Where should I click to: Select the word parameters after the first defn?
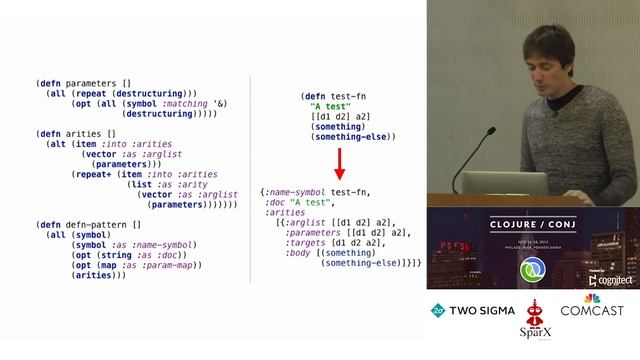(x=91, y=81)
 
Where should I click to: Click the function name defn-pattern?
(x=96, y=225)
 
